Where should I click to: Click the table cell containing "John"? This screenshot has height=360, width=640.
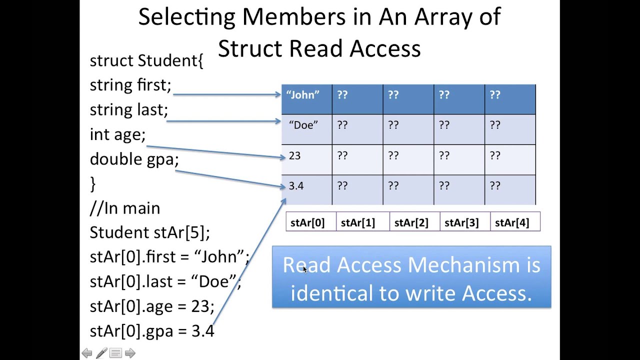pos(307,99)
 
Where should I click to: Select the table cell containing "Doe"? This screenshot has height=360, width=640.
pos(307,129)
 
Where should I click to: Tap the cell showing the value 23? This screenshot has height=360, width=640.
pos(307,159)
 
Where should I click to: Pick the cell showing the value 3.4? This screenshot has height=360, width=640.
pos(307,190)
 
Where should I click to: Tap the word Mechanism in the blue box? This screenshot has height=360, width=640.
pos(463,265)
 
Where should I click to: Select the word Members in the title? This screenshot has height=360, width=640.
pos(294,16)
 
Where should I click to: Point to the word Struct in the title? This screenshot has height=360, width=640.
pos(250,48)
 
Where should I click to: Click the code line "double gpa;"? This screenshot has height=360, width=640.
pos(134,159)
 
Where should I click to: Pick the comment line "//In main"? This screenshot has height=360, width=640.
pos(125,208)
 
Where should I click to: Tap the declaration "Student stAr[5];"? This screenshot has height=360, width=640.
pos(149,232)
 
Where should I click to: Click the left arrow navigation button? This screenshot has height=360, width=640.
pos(87,353)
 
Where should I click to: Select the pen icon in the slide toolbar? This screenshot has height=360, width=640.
pos(101,353)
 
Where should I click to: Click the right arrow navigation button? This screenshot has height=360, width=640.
pos(130,353)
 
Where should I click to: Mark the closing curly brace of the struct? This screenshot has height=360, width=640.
pos(92,183)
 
